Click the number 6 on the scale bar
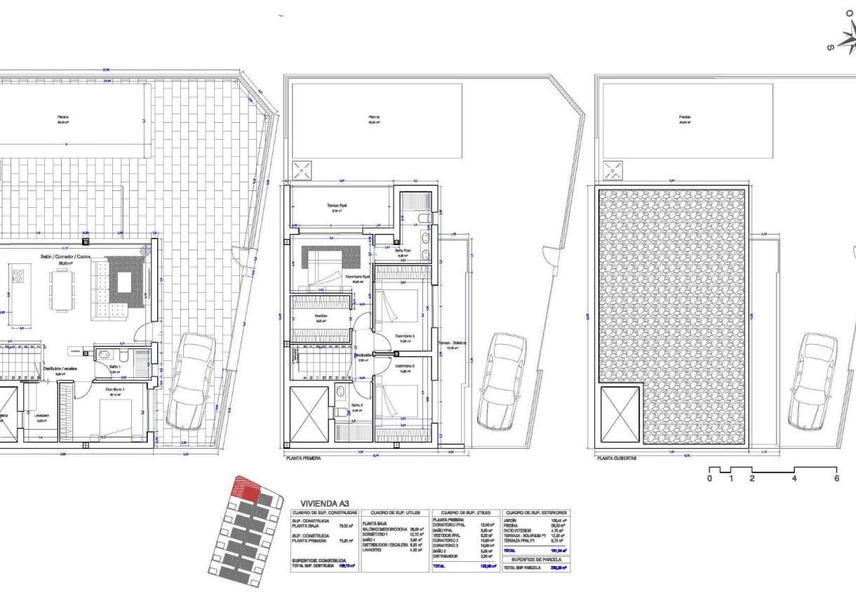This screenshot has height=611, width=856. click(836, 478)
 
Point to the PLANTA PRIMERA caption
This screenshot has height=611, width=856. click(303, 458)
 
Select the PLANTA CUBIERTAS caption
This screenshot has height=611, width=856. click(617, 458)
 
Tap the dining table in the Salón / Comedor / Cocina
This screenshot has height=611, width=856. click(62, 291)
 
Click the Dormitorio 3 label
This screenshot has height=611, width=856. click(405, 336)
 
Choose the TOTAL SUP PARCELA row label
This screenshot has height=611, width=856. click(522, 567)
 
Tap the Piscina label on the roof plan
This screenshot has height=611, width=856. click(684, 117)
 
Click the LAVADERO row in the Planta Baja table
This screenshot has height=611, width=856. click(373, 550)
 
